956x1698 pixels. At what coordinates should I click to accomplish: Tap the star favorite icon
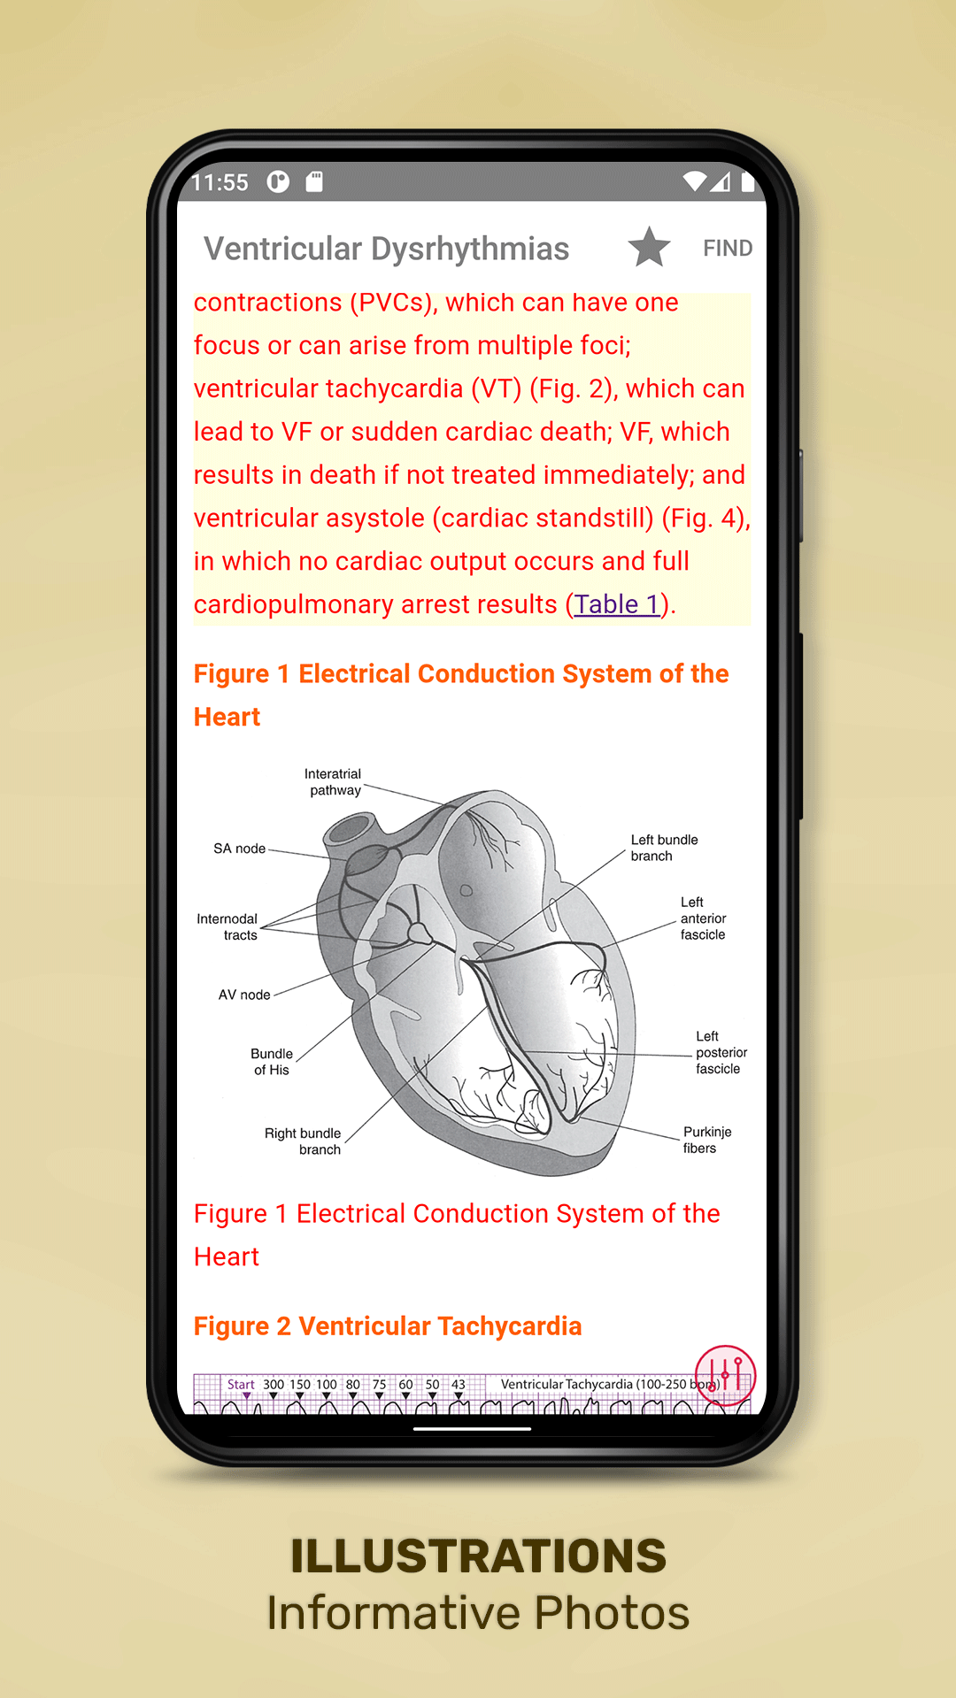(x=649, y=248)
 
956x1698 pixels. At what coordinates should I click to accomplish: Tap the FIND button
(x=728, y=249)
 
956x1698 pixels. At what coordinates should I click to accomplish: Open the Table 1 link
(x=617, y=604)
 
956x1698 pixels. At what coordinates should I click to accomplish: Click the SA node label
(x=239, y=849)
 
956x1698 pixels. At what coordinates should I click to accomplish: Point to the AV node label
(x=244, y=995)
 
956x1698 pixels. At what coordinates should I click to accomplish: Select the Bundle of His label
(x=272, y=1062)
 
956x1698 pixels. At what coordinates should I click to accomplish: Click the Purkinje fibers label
(x=707, y=1140)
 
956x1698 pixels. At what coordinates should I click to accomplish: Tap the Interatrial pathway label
(x=334, y=782)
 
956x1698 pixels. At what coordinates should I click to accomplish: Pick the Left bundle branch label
(x=664, y=848)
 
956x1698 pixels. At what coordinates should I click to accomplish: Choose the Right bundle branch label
(x=303, y=1141)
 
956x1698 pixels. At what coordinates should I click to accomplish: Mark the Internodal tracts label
(x=227, y=927)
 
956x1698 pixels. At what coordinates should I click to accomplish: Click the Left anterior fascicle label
(x=703, y=918)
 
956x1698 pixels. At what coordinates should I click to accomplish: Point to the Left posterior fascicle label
(x=721, y=1052)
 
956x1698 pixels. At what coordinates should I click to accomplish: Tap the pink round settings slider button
(x=725, y=1376)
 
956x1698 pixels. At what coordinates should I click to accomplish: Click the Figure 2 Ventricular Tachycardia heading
(x=388, y=1326)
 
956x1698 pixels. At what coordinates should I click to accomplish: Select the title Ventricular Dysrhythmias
(x=386, y=249)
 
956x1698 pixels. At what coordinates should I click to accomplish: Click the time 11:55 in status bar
(x=220, y=182)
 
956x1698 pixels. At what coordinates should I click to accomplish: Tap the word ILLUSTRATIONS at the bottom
(x=478, y=1556)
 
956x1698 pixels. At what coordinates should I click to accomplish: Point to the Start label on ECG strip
(x=241, y=1385)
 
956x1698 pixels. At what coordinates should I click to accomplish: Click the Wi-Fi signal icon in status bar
(x=695, y=181)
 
